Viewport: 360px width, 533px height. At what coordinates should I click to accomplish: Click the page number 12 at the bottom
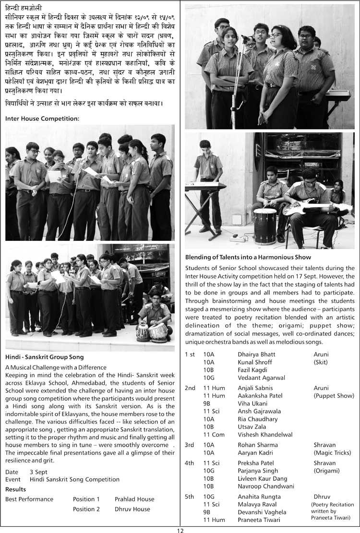[x=180, y=530]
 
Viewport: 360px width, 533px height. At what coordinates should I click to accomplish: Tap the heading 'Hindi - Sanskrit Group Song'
[x=45, y=357]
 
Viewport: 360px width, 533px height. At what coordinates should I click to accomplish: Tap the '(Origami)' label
[x=328, y=471]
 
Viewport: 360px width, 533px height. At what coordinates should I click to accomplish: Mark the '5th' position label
[x=190, y=497]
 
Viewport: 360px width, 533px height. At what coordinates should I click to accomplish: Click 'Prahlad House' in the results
[x=134, y=499]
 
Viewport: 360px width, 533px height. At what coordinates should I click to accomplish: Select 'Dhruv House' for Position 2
[x=132, y=509]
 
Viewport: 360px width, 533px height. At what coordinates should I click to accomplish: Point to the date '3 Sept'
[x=39, y=472]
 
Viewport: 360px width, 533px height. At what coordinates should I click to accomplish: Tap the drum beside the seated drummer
[x=265, y=226]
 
